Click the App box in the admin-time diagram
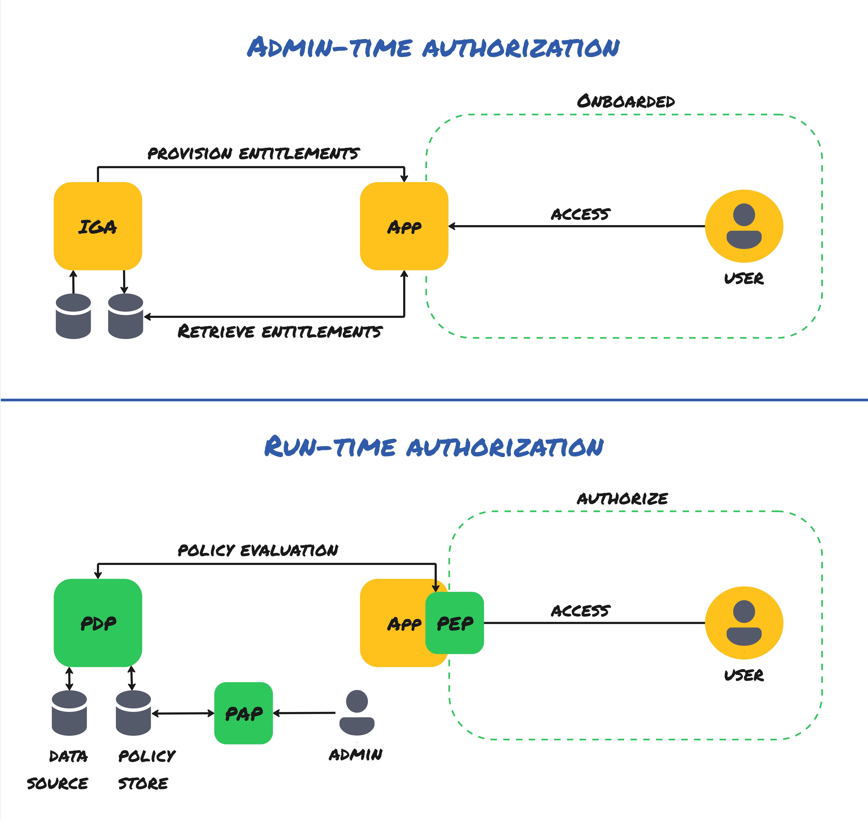click(404, 226)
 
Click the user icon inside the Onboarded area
click(744, 226)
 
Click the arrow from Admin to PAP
click(305, 713)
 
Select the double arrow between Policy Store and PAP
click(183, 713)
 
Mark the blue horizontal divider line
click(434, 399)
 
